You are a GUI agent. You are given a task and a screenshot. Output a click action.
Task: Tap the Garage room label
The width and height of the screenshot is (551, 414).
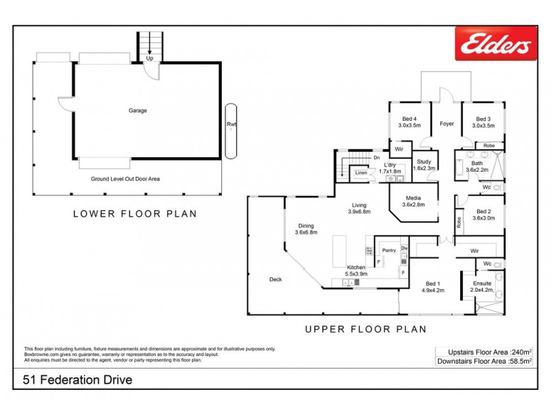coord(138,110)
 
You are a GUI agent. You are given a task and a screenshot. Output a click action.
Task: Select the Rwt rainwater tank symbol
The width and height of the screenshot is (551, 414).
coord(231,124)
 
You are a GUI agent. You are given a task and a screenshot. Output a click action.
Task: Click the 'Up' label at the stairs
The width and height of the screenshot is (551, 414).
coord(149,59)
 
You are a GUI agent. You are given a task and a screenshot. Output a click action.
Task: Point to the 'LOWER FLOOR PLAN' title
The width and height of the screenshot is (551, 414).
coord(135,214)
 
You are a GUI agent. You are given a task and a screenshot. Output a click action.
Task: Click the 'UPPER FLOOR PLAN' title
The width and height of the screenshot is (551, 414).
coord(365,330)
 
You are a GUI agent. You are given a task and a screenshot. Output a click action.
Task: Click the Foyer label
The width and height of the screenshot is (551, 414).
coord(446,124)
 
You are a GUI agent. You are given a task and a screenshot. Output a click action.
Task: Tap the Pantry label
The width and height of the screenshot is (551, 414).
coord(388,250)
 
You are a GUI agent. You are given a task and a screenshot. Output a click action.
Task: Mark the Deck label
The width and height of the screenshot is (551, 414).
coord(275,279)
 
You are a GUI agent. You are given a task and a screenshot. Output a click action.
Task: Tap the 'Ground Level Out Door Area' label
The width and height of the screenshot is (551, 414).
coord(125,179)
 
